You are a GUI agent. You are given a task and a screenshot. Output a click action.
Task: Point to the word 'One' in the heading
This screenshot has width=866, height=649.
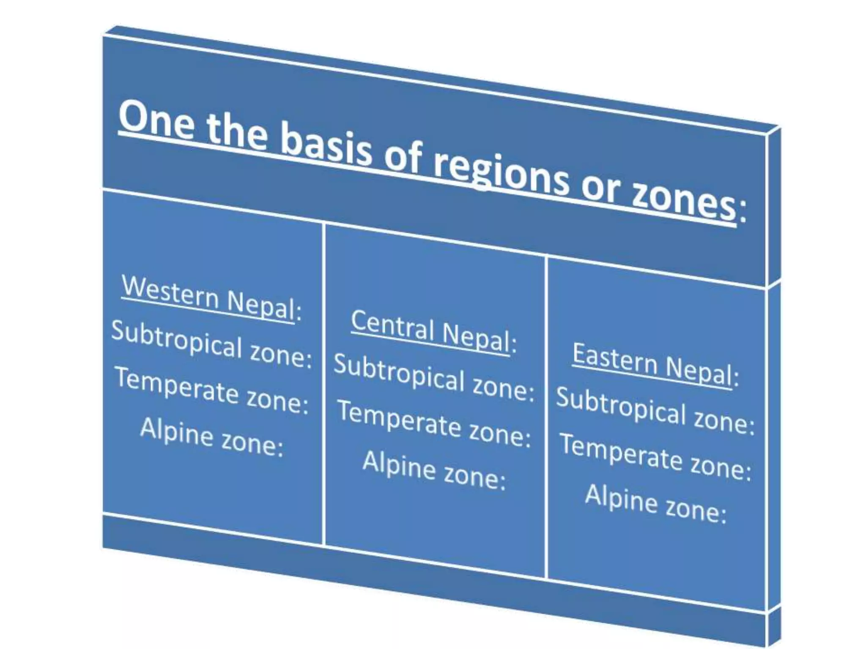156,119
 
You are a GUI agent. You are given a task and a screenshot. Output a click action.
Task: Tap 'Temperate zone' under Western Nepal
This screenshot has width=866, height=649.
211,391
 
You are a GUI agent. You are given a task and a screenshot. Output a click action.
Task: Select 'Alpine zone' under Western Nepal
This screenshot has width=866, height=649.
211,437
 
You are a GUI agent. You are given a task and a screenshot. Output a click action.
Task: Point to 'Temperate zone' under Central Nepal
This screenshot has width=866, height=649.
434,424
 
